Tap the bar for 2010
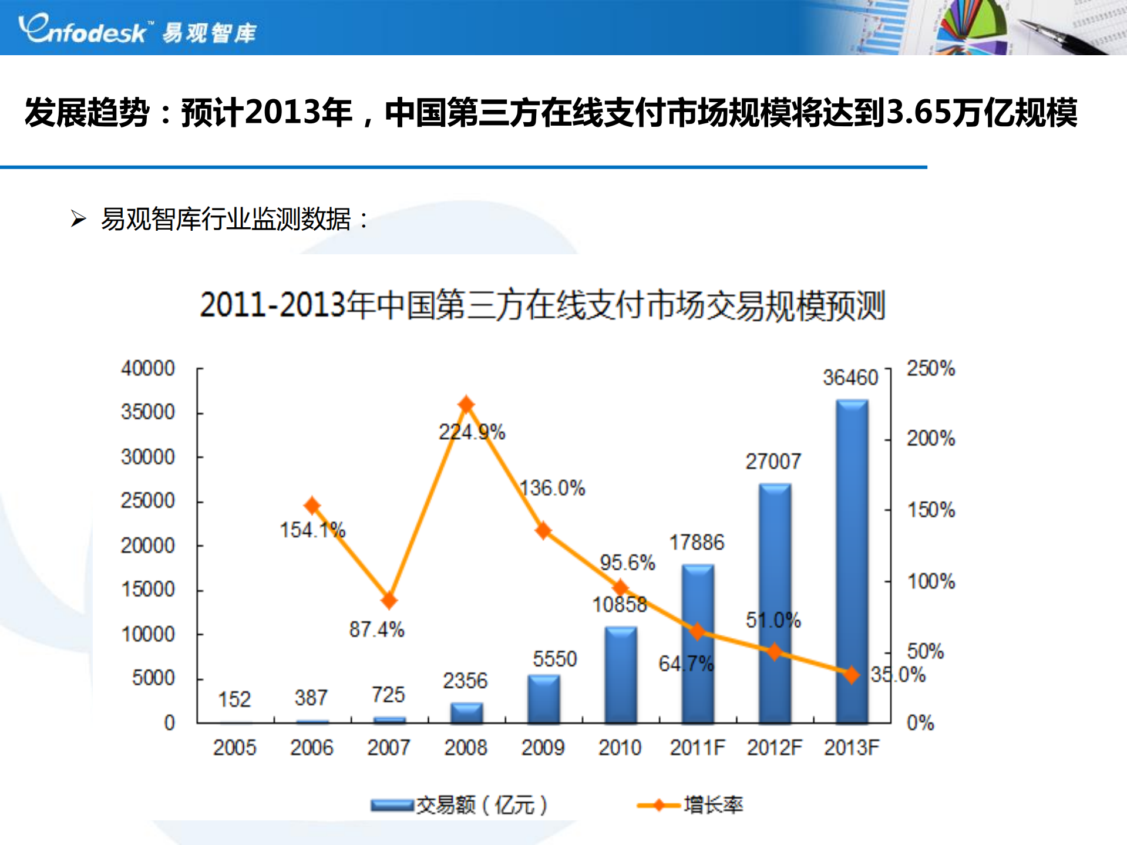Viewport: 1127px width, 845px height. coord(621,675)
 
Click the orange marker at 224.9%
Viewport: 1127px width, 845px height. coord(466,405)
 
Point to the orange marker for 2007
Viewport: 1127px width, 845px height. coord(389,600)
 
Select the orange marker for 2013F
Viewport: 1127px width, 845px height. coord(852,675)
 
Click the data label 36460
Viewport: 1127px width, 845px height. coord(850,378)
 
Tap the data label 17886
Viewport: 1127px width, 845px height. coord(697,543)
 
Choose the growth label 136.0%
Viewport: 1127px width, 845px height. coord(553,488)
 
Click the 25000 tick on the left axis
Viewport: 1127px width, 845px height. coord(148,501)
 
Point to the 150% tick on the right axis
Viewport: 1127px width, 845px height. coord(931,510)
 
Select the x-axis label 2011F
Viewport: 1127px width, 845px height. coord(697,748)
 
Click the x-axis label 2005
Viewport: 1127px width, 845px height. coord(234,748)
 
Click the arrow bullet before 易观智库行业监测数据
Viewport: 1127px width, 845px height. coord(78,219)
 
